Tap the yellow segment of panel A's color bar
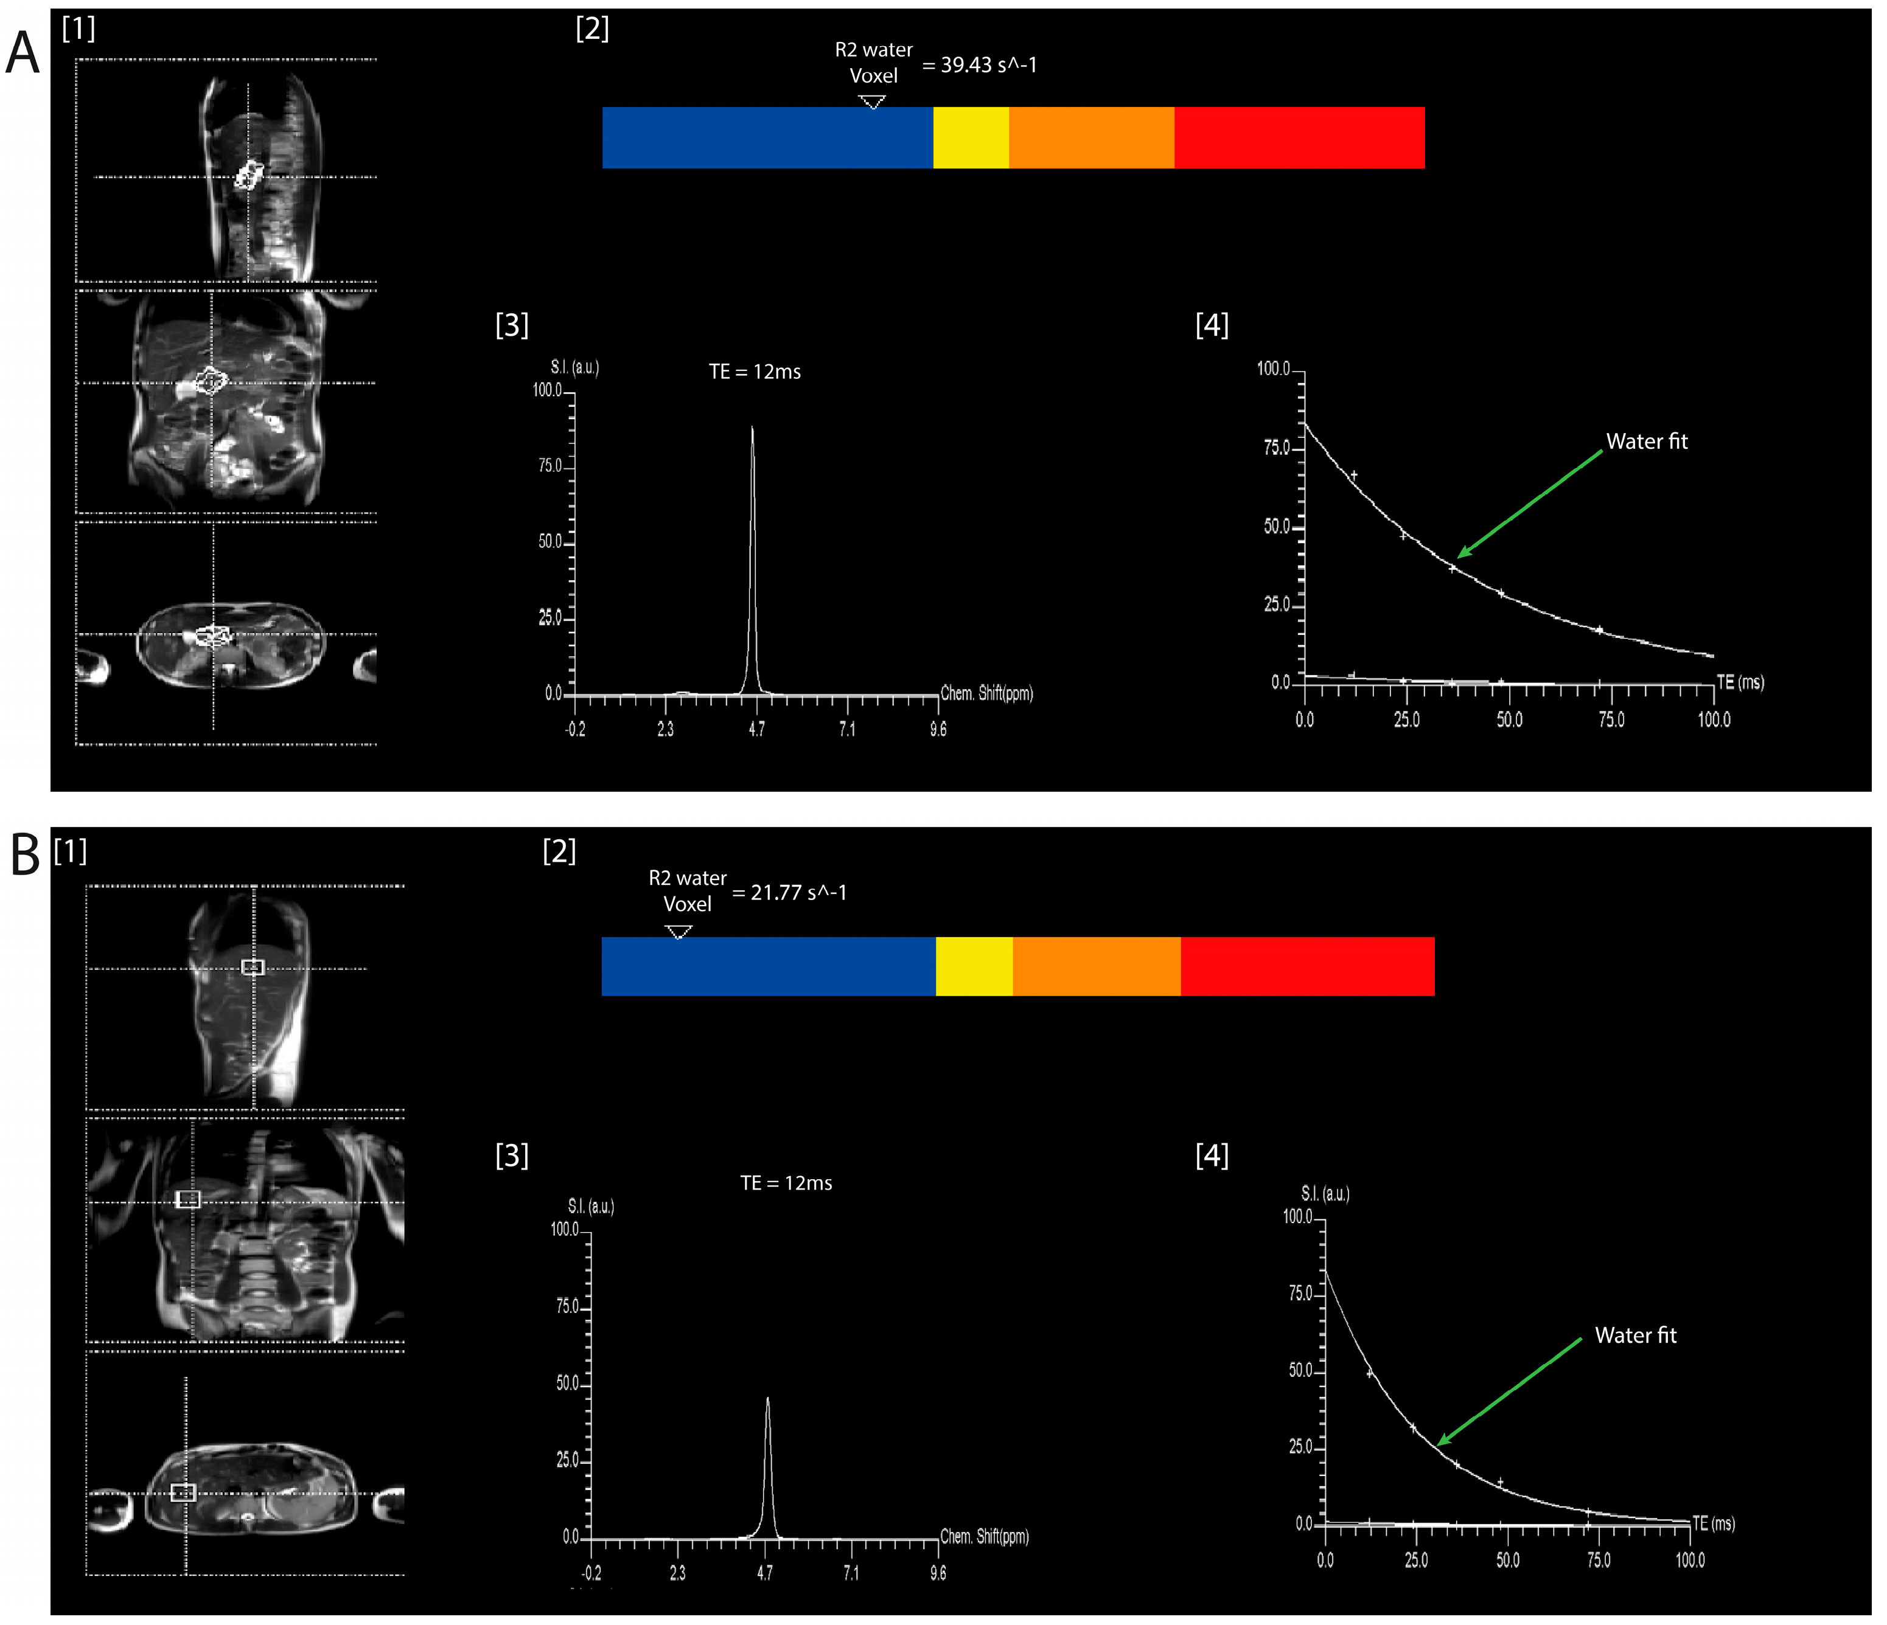(971, 137)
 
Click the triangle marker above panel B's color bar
(678, 931)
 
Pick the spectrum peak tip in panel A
(752, 428)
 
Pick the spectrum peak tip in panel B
(768, 1399)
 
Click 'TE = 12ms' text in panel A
(755, 372)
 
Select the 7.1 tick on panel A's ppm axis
(847, 729)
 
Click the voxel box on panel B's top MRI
(253, 967)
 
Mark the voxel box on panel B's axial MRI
(183, 1492)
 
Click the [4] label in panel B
(1212, 1156)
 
